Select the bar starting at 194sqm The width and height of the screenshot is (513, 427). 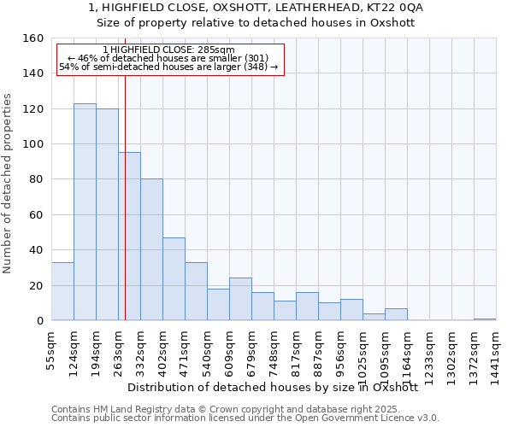107,214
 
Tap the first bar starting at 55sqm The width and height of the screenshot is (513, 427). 62,291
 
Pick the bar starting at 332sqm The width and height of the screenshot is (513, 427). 151,249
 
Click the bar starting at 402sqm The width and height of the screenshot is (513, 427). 174,278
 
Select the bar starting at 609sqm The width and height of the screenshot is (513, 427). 240,299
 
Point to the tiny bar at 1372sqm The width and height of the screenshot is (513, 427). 485,319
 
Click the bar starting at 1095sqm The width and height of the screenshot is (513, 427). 396,314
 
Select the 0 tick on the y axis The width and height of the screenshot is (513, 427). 40,320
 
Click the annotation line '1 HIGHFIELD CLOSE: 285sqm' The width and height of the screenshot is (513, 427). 168,50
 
